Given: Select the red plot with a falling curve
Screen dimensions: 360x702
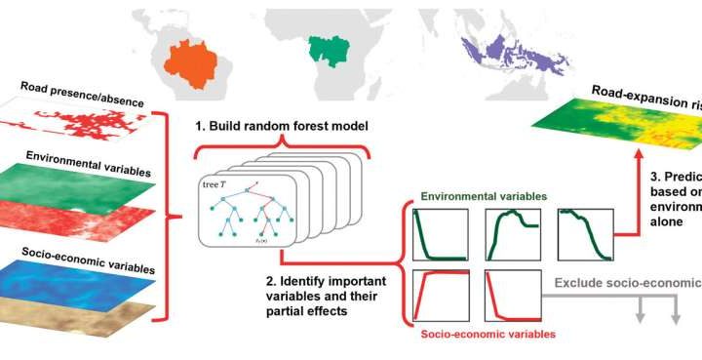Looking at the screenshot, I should (512, 297).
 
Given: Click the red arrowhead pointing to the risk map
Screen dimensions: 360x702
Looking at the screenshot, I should (637, 149).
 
